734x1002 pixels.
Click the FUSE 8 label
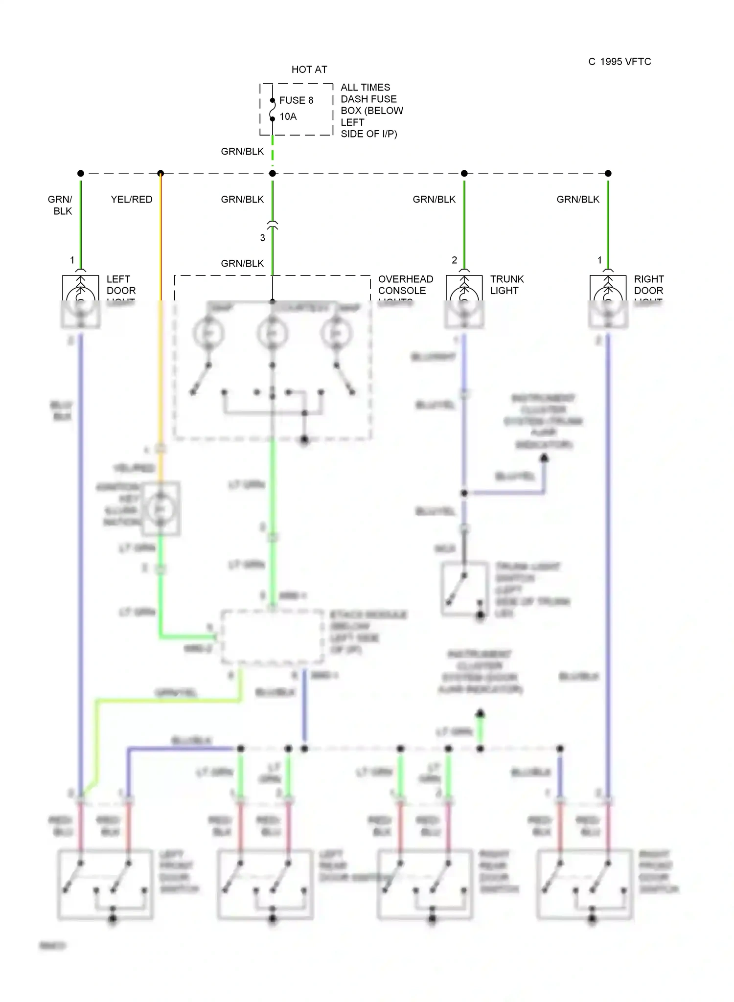pos(296,100)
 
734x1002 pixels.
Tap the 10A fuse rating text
pos(288,116)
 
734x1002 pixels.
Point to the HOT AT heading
pos(309,69)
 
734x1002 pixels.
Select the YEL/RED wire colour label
pos(132,200)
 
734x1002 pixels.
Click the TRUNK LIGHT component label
pos(507,285)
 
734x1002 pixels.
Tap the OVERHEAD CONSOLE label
pos(405,285)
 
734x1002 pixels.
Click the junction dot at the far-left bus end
pos(81,173)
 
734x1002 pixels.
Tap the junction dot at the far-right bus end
pos(608,173)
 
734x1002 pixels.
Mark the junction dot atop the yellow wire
pos(161,173)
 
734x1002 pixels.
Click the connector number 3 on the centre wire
pos(263,238)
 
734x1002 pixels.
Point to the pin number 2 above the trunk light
pos(455,260)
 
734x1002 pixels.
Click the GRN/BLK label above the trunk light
pos(434,200)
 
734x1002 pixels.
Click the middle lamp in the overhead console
pos(273,334)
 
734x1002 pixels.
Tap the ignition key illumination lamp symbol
pos(160,509)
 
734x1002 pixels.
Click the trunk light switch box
pos(465,589)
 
